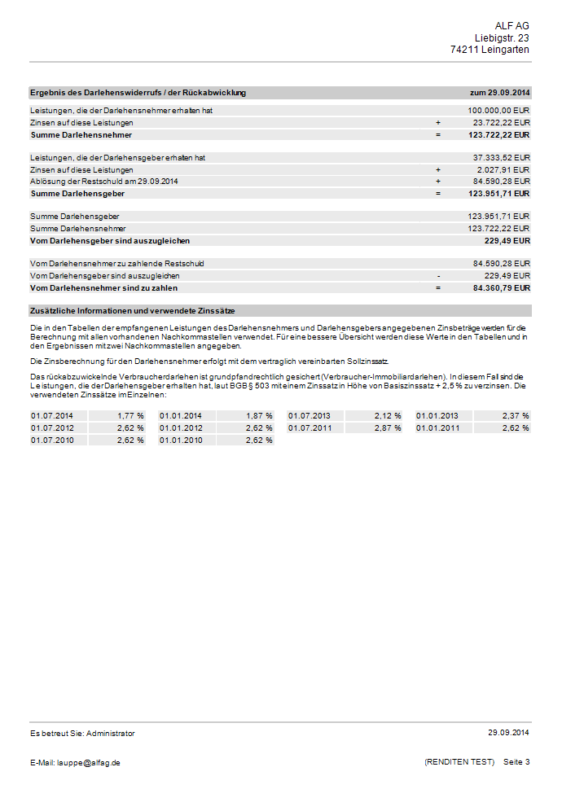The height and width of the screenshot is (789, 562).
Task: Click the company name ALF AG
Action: (x=512, y=26)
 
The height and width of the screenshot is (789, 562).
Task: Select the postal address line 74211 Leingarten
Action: (x=490, y=50)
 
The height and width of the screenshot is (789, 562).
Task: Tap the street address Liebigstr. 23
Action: (x=502, y=38)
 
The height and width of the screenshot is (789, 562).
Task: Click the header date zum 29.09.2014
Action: (x=500, y=93)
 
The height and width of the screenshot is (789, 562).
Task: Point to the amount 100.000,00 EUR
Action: (x=498, y=110)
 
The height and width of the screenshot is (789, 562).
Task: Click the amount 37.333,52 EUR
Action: (x=501, y=157)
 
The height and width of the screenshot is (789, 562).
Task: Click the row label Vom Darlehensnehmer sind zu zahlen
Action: (x=103, y=287)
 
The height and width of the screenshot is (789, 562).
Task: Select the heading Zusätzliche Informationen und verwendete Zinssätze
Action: (x=133, y=310)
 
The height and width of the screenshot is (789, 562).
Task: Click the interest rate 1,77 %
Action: (x=130, y=415)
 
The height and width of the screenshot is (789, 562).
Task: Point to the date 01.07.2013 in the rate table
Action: (x=310, y=415)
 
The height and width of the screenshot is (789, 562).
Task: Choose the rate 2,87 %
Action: (x=387, y=427)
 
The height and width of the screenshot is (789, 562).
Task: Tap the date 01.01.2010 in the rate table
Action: (x=181, y=440)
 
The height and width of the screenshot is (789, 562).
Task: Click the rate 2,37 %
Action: (x=516, y=415)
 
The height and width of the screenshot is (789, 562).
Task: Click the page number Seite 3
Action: (x=516, y=762)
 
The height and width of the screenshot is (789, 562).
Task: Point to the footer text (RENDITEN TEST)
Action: (x=459, y=762)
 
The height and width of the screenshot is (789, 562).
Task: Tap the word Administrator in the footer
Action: (x=111, y=733)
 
